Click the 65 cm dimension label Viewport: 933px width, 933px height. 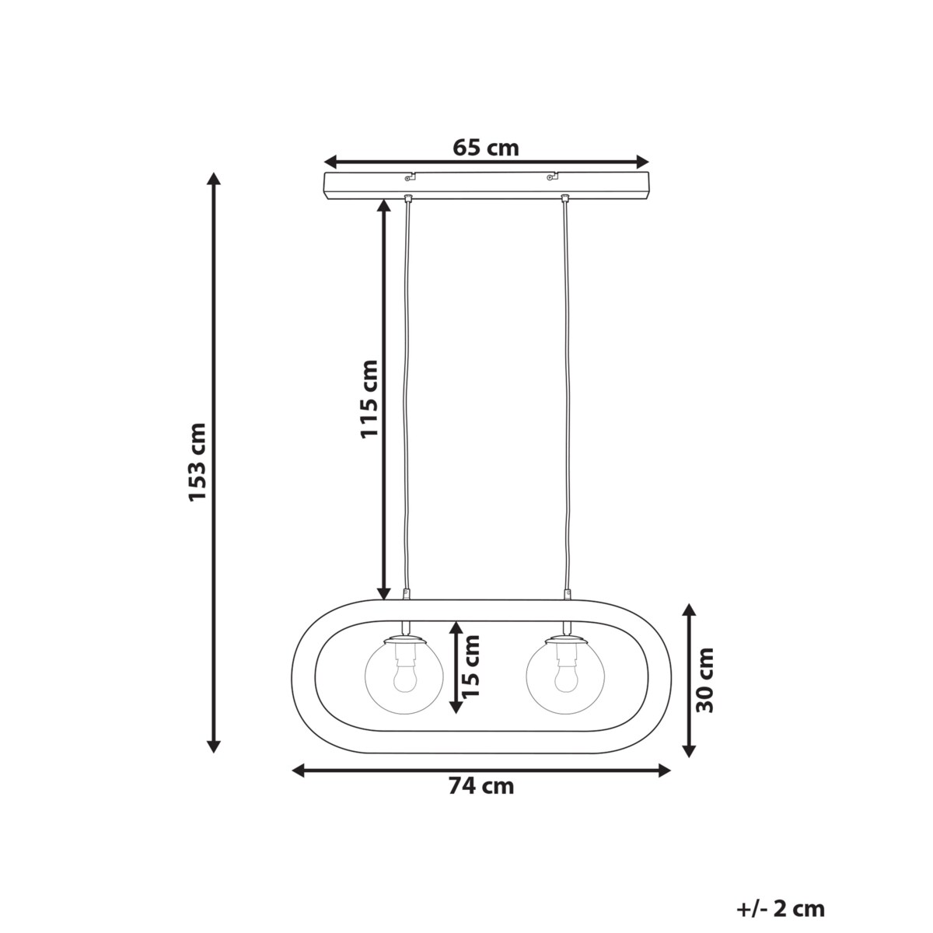486,148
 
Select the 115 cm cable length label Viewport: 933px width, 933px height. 369,399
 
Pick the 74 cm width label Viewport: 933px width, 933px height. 481,785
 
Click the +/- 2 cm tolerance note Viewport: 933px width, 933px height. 781,882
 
